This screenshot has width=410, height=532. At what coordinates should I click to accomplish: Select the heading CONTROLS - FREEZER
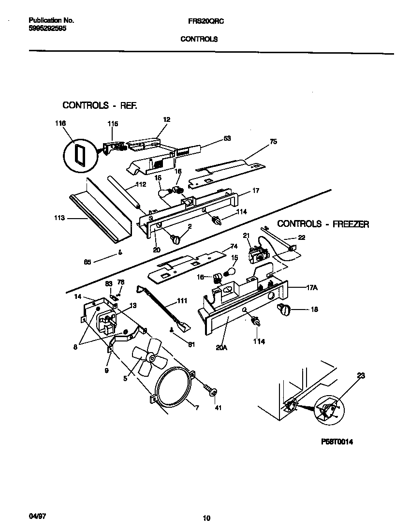pyautogui.click(x=323, y=224)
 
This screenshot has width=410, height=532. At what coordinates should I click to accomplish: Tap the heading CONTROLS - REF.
pyautogui.click(x=100, y=105)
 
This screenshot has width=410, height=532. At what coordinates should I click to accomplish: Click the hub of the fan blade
pyautogui.click(x=152, y=358)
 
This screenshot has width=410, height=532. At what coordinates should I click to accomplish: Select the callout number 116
pyautogui.click(x=60, y=124)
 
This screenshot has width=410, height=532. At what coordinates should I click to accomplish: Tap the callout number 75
pyautogui.click(x=273, y=142)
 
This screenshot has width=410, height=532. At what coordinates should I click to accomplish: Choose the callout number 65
pyautogui.click(x=87, y=262)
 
